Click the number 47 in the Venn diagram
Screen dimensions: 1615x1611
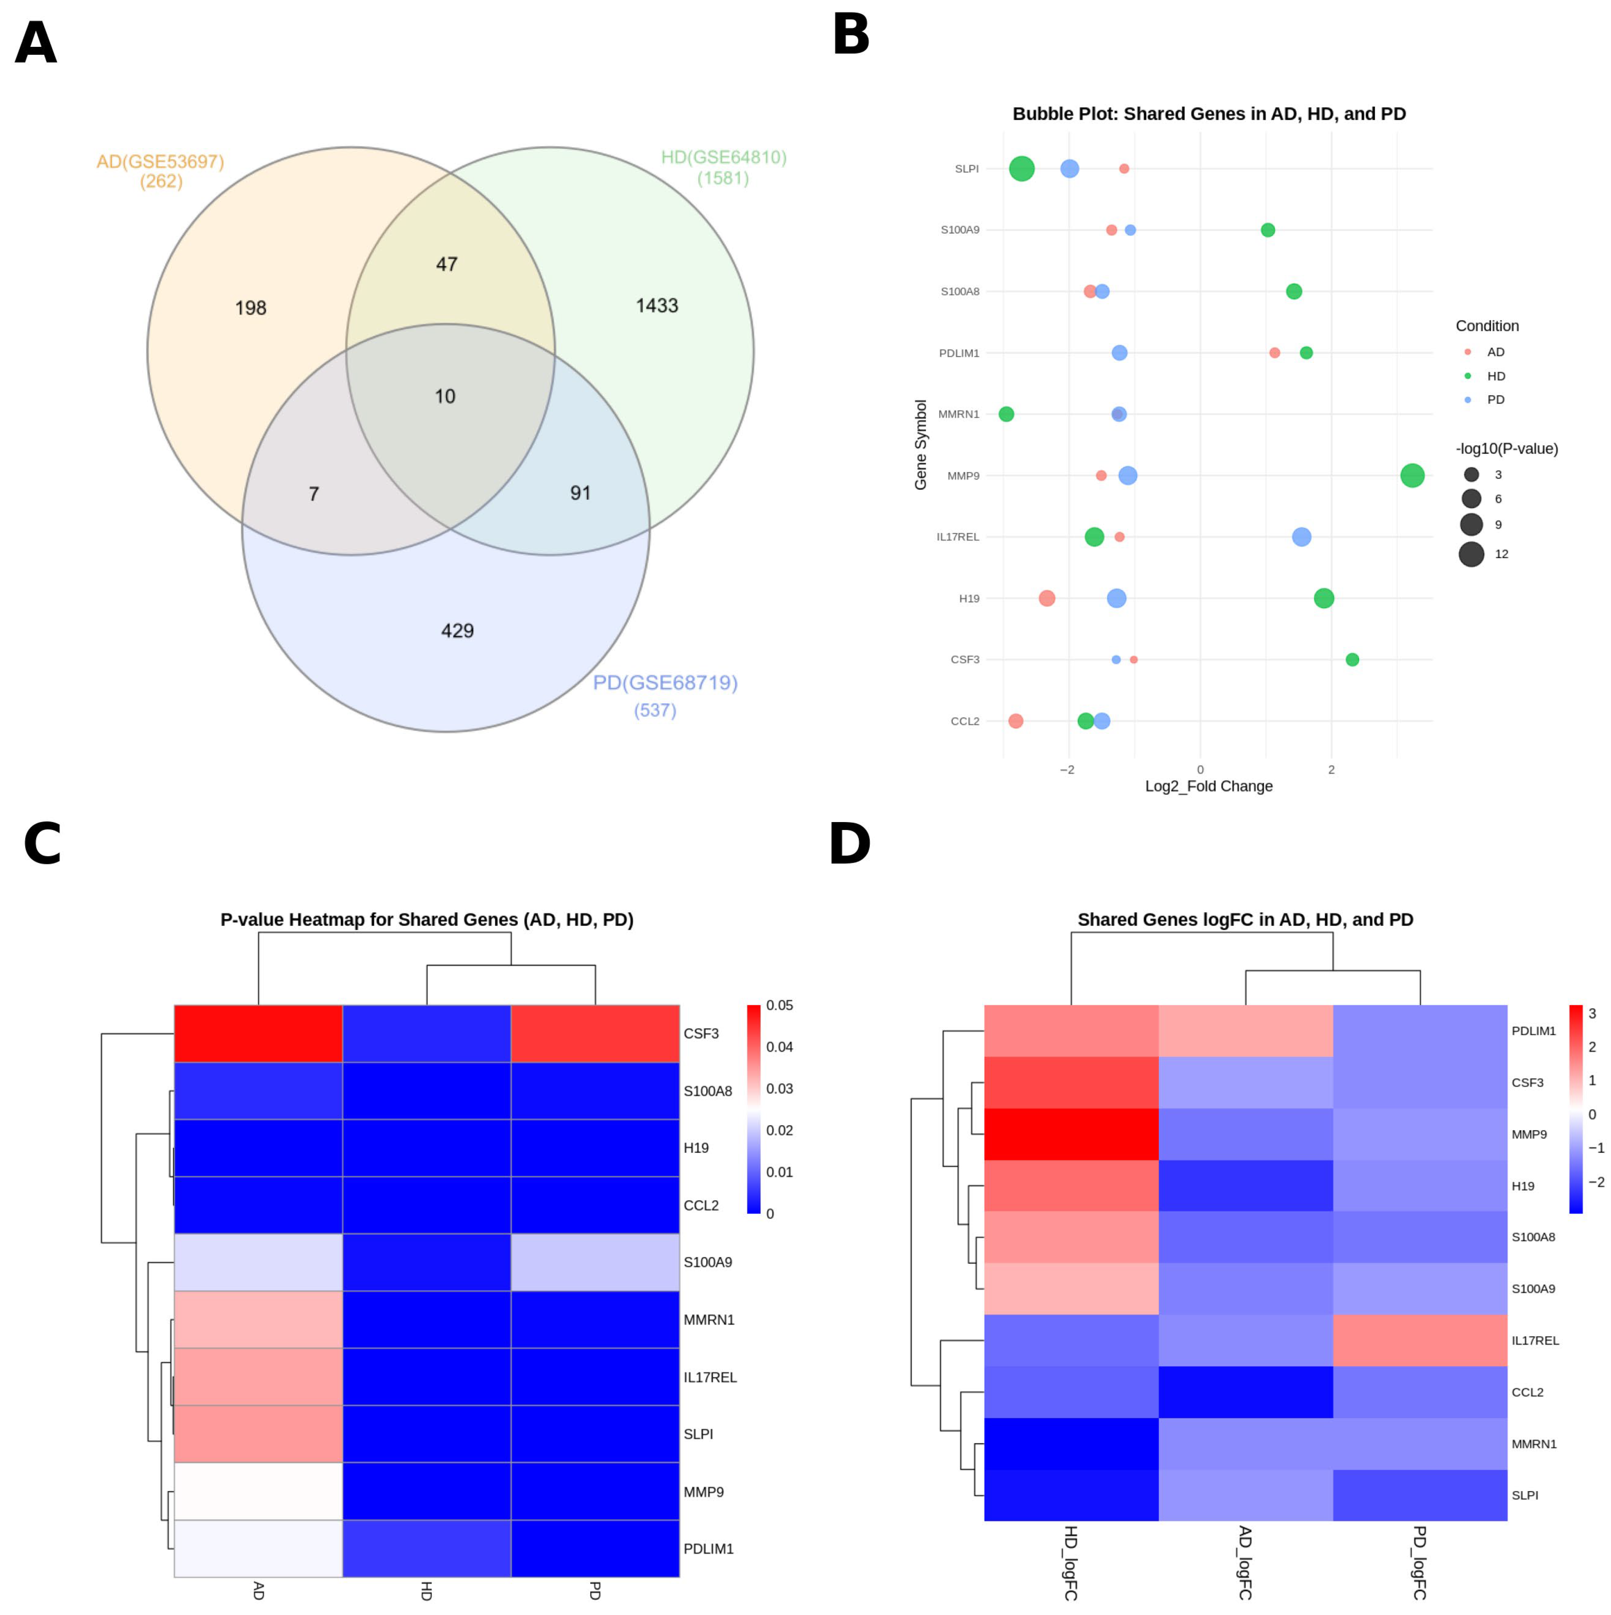(x=446, y=264)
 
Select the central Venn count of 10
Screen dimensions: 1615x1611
(x=445, y=396)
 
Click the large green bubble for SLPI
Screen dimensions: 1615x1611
(x=1021, y=169)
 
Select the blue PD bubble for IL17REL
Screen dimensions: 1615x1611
(x=1301, y=537)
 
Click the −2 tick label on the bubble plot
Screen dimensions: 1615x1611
(x=1067, y=770)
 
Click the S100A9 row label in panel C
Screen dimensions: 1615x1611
(x=707, y=1262)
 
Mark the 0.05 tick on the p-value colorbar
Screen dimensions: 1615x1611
(x=779, y=1006)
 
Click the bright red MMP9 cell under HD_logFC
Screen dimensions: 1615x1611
(x=1071, y=1134)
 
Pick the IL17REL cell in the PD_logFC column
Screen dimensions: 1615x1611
(x=1420, y=1341)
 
